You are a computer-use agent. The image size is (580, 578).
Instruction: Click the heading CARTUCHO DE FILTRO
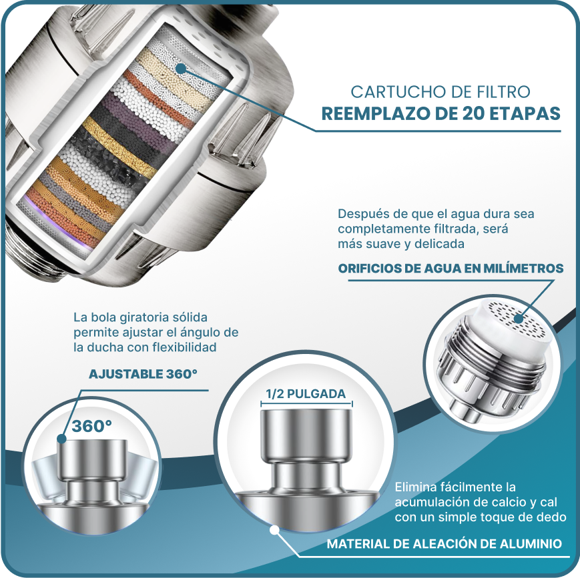[441, 92]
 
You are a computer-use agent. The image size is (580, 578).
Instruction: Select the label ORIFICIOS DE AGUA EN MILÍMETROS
[451, 268]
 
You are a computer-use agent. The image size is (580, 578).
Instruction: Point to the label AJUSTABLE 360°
[143, 374]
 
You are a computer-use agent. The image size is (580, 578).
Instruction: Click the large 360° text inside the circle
[91, 426]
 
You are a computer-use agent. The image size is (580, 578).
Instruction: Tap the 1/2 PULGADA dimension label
[306, 394]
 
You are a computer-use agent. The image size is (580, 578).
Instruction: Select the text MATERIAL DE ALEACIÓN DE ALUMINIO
[445, 544]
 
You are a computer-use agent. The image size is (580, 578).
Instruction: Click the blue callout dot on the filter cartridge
[180, 69]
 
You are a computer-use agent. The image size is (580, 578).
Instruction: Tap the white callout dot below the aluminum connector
[274, 530]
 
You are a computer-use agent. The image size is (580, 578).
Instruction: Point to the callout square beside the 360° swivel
[62, 439]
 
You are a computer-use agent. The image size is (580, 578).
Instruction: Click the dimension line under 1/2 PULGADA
[306, 404]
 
